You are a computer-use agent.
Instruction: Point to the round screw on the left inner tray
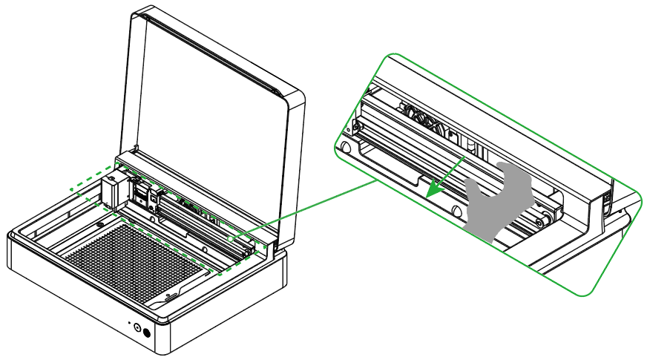(x=99, y=225)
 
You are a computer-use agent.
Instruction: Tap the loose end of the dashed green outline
(x=70, y=191)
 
